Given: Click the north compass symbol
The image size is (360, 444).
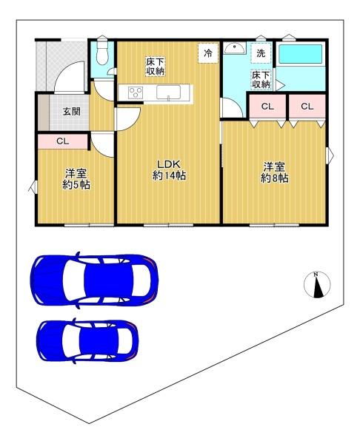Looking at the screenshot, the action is [317, 285].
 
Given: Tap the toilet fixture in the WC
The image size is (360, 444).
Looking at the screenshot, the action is [102, 52].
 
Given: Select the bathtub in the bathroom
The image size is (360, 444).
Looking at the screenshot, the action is [301, 54].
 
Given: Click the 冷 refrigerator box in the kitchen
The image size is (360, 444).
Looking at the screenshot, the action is [208, 53].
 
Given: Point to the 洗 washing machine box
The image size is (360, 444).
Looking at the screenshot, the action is [261, 53].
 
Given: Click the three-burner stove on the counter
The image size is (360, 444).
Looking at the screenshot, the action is [136, 92].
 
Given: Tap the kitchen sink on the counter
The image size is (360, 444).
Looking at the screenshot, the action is [169, 92].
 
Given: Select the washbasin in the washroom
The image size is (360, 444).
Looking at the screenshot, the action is [234, 48].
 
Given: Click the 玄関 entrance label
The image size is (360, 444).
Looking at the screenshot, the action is [71, 111].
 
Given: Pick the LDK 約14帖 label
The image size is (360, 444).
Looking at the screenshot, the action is [169, 170].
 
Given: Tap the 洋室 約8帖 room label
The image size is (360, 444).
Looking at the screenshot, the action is [274, 172].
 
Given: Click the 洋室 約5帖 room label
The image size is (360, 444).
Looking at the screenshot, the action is [76, 179].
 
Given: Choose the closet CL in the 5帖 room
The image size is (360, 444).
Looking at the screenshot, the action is [63, 141].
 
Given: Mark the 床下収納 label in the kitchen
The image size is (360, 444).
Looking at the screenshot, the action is [156, 67].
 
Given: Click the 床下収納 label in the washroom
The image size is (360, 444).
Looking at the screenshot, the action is [261, 80].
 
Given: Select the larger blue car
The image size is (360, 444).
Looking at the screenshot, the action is [94, 280].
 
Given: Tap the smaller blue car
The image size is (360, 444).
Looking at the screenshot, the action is [87, 341].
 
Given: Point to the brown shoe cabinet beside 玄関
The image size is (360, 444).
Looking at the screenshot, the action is [44, 112].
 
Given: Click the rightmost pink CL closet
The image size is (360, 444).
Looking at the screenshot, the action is [307, 107].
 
